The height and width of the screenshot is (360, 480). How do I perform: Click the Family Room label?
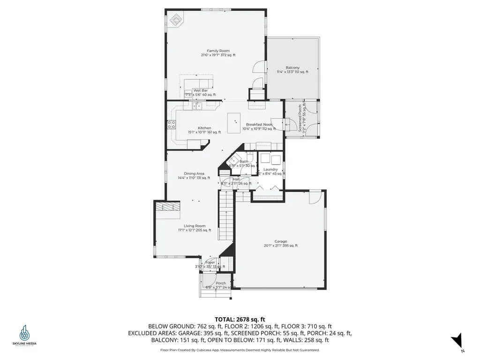click(x=218, y=51)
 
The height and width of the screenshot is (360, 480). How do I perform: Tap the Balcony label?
click(x=292, y=67)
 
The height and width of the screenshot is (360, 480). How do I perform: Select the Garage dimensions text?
click(x=280, y=246)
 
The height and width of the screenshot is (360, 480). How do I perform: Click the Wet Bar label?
click(x=201, y=90)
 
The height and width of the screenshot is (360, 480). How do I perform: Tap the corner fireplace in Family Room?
click(x=177, y=20)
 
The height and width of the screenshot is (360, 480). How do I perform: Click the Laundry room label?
click(x=271, y=169)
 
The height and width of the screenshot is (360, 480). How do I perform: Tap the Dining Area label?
click(x=194, y=173)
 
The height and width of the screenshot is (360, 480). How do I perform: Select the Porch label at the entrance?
click(x=221, y=283)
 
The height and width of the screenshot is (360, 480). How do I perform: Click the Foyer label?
click(x=210, y=262)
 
